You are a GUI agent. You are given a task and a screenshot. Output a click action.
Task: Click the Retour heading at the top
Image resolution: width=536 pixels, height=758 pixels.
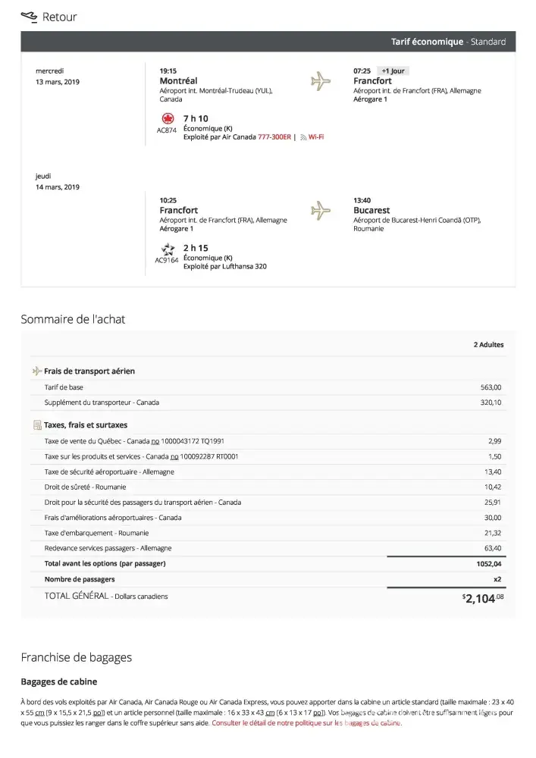59,17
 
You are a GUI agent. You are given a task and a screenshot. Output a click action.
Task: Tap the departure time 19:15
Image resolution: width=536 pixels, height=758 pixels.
168,70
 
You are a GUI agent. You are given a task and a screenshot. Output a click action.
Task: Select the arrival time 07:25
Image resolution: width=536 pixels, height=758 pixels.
362,70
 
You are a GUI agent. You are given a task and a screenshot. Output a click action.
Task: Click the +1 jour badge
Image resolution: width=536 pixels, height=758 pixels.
393,70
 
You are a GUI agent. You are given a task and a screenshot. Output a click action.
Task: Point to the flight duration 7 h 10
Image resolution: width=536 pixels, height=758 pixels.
196,118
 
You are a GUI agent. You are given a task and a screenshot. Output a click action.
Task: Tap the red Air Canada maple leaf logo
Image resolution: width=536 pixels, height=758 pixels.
168,119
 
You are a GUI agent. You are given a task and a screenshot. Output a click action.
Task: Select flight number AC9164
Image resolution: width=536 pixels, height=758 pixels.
166,260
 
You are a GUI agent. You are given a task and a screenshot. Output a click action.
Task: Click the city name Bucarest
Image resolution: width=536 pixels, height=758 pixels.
371,210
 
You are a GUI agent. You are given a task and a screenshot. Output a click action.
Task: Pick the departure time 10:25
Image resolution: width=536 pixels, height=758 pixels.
168,200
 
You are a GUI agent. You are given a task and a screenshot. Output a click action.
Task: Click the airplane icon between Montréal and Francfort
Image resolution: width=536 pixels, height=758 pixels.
321,80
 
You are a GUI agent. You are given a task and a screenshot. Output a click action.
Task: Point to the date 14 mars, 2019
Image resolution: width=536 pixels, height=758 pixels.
58,187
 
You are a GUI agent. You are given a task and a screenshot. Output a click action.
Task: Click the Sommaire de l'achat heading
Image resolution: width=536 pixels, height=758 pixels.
73,319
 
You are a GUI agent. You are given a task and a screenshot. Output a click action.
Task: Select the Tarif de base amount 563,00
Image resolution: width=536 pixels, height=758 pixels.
491,387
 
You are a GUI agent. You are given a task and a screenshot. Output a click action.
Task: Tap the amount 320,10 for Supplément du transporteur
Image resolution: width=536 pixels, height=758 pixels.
491,402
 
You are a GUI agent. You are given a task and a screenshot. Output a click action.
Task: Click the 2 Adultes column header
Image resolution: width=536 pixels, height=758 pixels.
488,345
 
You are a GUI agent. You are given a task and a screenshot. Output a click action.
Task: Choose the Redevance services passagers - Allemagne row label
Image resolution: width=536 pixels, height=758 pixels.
108,548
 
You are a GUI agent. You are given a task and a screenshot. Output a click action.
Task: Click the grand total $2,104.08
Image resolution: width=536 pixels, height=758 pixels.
483,599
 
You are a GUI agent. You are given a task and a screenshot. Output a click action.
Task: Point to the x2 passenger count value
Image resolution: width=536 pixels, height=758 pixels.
497,579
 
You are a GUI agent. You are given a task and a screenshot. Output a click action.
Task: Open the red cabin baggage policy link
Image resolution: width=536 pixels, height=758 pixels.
306,723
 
